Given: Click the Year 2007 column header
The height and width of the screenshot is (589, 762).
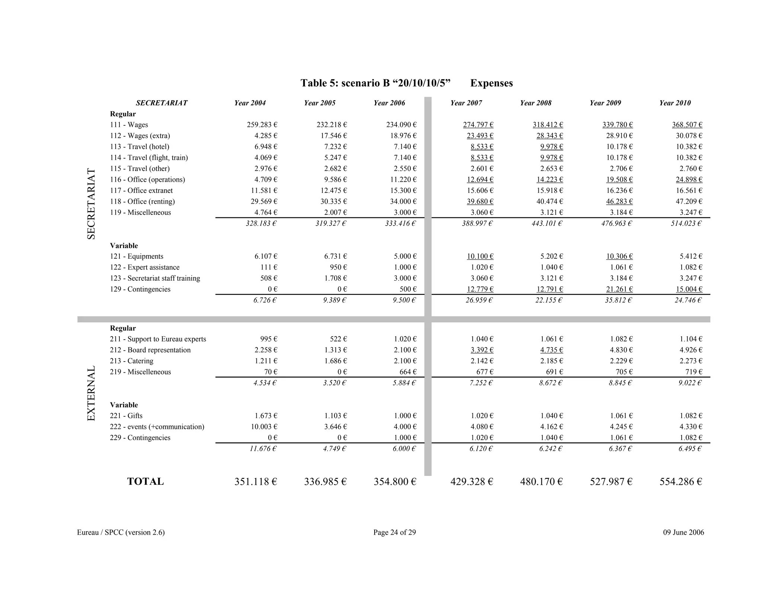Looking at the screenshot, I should pyautogui.click(x=466, y=103).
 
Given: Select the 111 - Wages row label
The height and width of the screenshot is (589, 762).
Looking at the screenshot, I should pyautogui.click(x=129, y=125).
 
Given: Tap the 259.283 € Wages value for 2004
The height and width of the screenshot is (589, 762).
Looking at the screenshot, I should pyautogui.click(x=262, y=125).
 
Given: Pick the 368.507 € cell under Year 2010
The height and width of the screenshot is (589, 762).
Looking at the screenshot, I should pyautogui.click(x=687, y=125).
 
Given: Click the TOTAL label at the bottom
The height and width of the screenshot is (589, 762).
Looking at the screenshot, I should pyautogui.click(x=145, y=481).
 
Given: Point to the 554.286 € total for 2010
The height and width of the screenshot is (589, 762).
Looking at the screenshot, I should pyautogui.click(x=681, y=482).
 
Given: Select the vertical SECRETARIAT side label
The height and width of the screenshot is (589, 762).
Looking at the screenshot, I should pyautogui.click(x=91, y=204).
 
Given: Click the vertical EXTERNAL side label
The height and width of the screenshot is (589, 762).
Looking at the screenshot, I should pyautogui.click(x=91, y=394).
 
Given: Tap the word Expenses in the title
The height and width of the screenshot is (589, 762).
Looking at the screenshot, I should pyautogui.click(x=491, y=83).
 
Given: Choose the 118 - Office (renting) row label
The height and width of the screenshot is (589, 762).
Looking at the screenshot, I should pyautogui.click(x=142, y=201).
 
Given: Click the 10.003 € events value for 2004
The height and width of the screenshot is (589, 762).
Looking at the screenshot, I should pyautogui.click(x=264, y=427).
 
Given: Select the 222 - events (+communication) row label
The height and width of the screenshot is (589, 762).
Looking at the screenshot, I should pyautogui.click(x=157, y=427).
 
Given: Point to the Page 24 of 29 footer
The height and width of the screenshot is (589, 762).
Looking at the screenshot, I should pyautogui.click(x=394, y=532).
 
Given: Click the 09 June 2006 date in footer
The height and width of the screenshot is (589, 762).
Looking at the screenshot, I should pyautogui.click(x=683, y=532).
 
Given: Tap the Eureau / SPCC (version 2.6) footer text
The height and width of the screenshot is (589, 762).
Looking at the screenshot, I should pyautogui.click(x=121, y=532).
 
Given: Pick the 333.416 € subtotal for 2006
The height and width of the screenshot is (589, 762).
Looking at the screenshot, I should pyautogui.click(x=400, y=223).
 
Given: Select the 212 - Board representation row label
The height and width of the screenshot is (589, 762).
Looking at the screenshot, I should pyautogui.click(x=150, y=350).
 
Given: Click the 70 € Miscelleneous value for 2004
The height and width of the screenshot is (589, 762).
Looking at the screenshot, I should pyautogui.click(x=270, y=372).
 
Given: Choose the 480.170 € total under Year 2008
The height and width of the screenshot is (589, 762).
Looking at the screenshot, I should pyautogui.click(x=541, y=482).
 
